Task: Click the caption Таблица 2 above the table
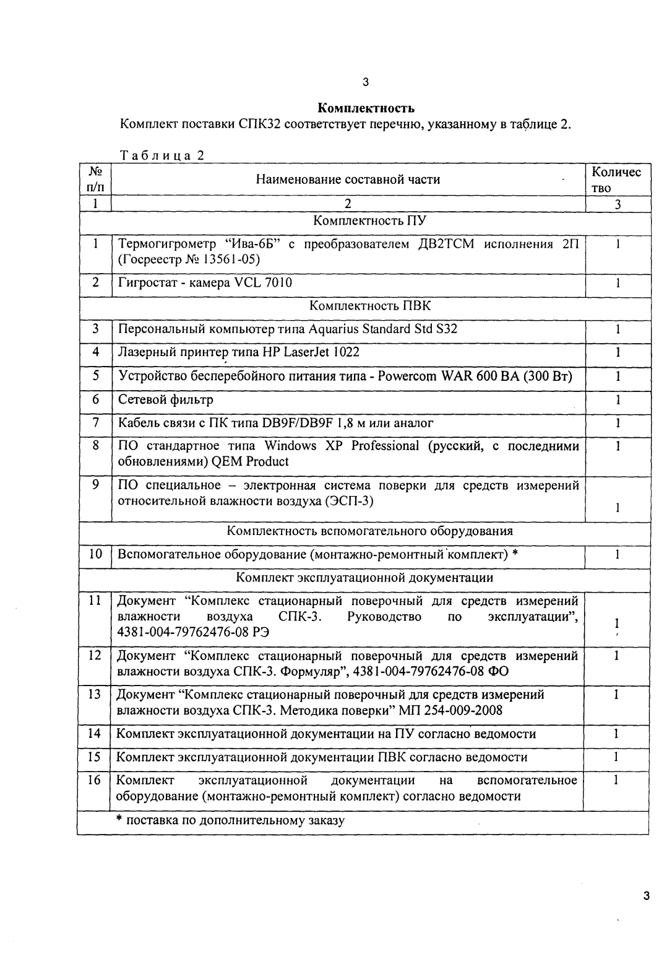click(x=162, y=155)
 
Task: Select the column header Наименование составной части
click(x=348, y=180)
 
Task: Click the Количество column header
click(x=616, y=180)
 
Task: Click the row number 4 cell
click(x=95, y=352)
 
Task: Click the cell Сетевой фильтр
click(x=165, y=399)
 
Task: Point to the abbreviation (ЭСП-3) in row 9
click(x=350, y=501)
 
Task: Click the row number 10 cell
click(x=95, y=554)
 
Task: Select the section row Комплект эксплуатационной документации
click(x=364, y=578)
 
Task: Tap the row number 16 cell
click(x=95, y=780)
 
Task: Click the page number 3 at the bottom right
click(x=645, y=895)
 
